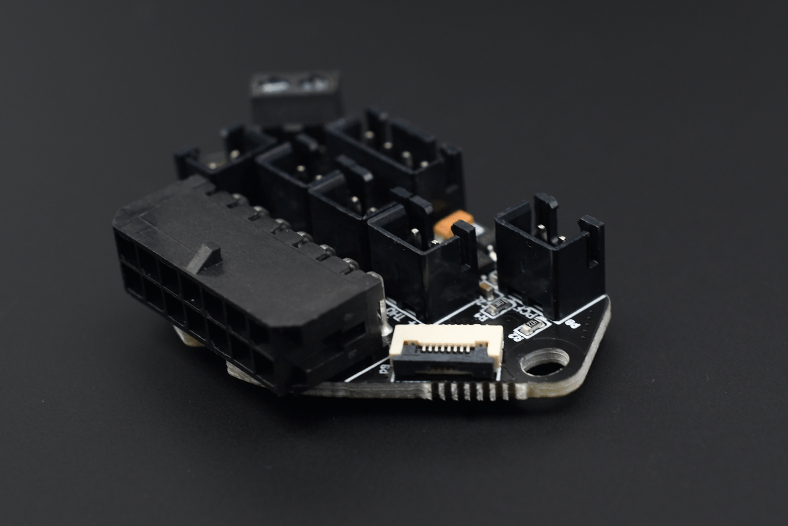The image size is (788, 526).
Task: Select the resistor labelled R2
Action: (x=498, y=306)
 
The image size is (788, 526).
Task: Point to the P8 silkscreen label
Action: (x=572, y=323)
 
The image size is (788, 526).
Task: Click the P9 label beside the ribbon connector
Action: (x=384, y=370)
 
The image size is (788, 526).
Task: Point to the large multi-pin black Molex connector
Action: (x=246, y=283)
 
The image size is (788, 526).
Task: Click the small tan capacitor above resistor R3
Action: (x=486, y=287)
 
